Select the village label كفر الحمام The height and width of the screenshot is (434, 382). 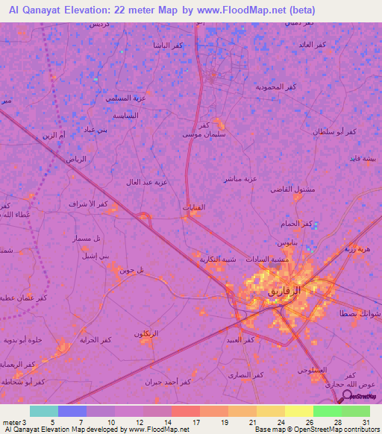click(297, 223)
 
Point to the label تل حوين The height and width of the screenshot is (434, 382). click(131, 270)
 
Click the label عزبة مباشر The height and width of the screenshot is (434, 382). click(240, 178)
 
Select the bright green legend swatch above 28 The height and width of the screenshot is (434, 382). click(327, 411)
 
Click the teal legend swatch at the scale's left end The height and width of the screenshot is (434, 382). click(44, 411)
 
